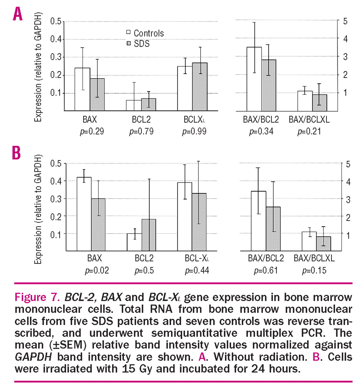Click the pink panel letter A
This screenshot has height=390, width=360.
tap(18, 14)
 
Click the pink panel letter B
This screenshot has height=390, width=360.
tap(16, 153)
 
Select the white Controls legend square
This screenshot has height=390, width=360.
tap(128, 32)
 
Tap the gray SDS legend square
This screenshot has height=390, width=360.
tap(128, 44)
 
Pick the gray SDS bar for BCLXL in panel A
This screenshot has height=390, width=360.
tap(200, 87)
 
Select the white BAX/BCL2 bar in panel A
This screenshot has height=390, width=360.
tap(254, 79)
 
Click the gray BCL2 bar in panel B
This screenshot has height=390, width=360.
tap(149, 235)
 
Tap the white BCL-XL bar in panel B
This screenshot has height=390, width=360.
tap(185, 217)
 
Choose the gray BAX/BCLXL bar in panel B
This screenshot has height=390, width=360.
tap(323, 243)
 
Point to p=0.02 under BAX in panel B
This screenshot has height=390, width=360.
tap(97, 271)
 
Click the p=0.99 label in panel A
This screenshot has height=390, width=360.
tap(194, 131)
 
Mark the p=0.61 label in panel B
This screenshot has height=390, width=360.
tap(266, 271)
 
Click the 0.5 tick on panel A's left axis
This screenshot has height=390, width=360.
tap(56, 21)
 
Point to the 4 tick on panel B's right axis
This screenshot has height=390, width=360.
tap(348, 182)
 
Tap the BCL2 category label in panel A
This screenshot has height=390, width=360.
tap(141, 119)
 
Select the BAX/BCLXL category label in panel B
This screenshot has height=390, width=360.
tap(314, 258)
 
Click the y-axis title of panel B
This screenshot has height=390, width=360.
tap(38, 209)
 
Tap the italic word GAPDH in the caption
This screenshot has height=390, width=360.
tap(33, 357)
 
